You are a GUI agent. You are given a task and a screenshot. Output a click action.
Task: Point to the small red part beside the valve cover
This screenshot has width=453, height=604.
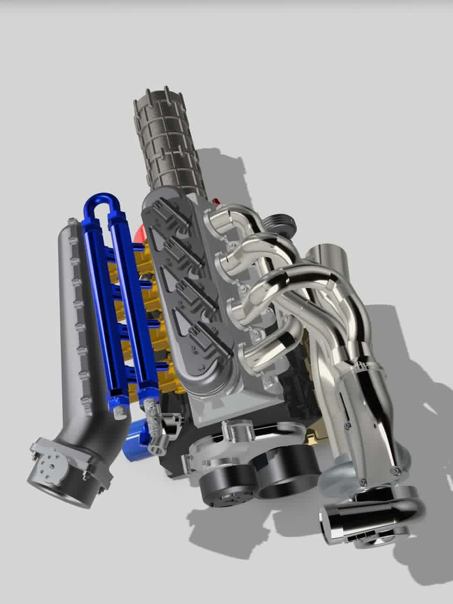(x=217, y=202)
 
